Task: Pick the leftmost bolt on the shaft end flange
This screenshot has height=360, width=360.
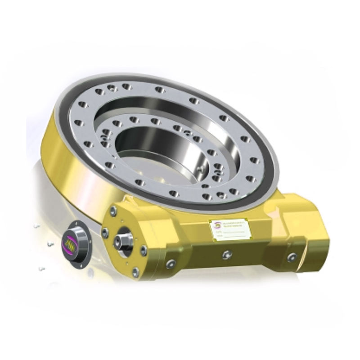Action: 105,233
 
